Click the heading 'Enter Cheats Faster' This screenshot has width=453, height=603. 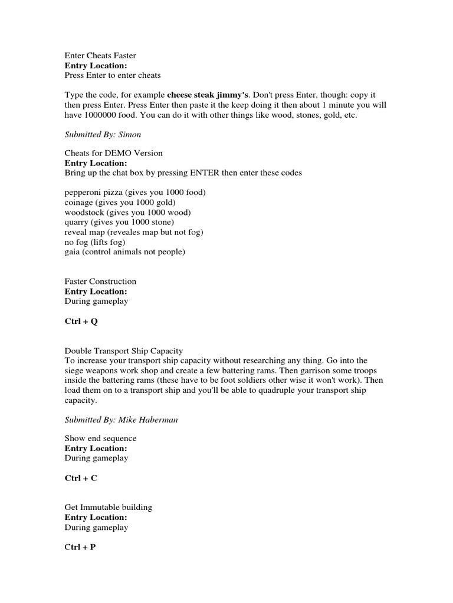click(100, 55)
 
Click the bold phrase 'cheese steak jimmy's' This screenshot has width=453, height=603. click(208, 95)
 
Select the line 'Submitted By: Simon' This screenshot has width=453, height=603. click(103, 134)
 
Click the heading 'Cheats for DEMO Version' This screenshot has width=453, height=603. click(113, 153)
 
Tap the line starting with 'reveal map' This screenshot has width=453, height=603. click(134, 232)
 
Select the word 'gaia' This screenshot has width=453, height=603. click(73, 251)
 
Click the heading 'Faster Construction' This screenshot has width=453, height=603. click(100, 281)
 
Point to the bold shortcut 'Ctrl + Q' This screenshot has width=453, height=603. click(81, 322)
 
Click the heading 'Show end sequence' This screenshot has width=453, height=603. click(100, 438)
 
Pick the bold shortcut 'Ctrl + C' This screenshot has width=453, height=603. click(81, 478)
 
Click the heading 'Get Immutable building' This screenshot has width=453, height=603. click(109, 508)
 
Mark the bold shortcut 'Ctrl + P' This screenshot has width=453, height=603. click(80, 548)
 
